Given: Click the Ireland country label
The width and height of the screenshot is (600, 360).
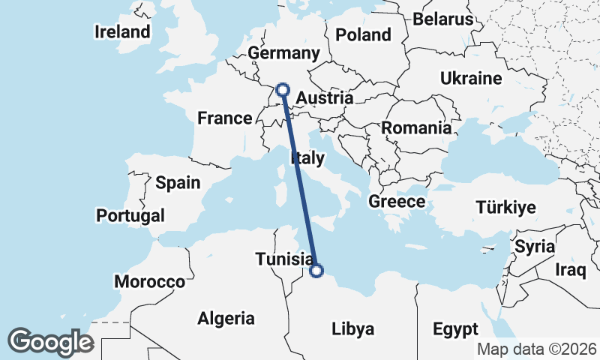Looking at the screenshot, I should (122, 32).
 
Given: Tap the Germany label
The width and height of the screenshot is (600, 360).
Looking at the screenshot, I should (283, 53).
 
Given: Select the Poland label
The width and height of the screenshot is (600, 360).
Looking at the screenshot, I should (364, 34).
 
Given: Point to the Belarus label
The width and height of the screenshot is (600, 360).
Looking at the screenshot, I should (443, 19).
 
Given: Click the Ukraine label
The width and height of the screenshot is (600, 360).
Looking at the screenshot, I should (471, 78).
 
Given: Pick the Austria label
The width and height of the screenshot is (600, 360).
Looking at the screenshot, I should (324, 98).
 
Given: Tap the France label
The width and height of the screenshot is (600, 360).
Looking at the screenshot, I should (224, 118).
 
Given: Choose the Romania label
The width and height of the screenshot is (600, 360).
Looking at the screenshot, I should (416, 127).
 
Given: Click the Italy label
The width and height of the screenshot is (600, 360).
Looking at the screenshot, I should (307, 157).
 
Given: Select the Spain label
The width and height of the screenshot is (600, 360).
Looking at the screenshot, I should (178, 182).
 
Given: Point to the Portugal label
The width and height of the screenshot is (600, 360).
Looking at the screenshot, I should (130, 216).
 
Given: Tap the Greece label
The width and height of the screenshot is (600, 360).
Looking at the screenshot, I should (397, 201).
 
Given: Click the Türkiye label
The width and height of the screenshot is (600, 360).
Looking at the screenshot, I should (506, 208).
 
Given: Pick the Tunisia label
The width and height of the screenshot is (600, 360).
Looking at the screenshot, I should (283, 259).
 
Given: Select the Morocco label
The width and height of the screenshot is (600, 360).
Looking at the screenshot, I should (149, 282).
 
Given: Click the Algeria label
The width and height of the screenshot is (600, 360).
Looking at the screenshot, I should (226, 318).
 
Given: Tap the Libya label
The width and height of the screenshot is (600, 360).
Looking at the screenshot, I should (352, 328).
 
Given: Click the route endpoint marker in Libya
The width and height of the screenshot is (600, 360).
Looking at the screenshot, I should (316, 271).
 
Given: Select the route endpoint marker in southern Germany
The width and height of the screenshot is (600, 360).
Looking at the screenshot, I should (283, 90).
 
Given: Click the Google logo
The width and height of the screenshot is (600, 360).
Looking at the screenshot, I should (49, 342).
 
